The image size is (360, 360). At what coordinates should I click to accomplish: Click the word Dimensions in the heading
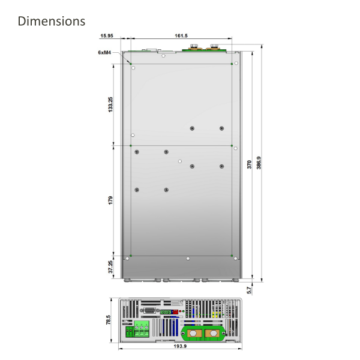coord(52,22)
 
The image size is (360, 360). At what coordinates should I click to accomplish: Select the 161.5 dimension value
coord(181,36)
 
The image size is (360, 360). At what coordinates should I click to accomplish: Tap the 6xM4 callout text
coord(105,52)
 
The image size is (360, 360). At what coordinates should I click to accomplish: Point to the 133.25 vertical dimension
coord(110,104)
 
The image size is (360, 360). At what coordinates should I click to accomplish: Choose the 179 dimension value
coord(110,200)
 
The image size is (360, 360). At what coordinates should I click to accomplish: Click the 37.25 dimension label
coord(110,267)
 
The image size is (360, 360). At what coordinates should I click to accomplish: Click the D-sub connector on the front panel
coord(149,310)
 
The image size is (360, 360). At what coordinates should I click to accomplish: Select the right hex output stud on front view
coord(212,333)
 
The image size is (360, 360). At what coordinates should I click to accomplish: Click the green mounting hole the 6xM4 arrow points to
coord(131,63)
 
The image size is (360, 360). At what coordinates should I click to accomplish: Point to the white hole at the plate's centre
coord(180,161)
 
